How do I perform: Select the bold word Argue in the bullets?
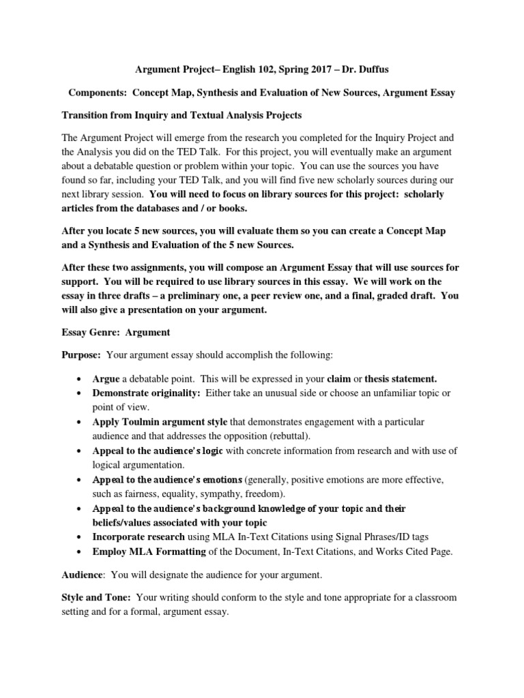click(106, 378)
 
